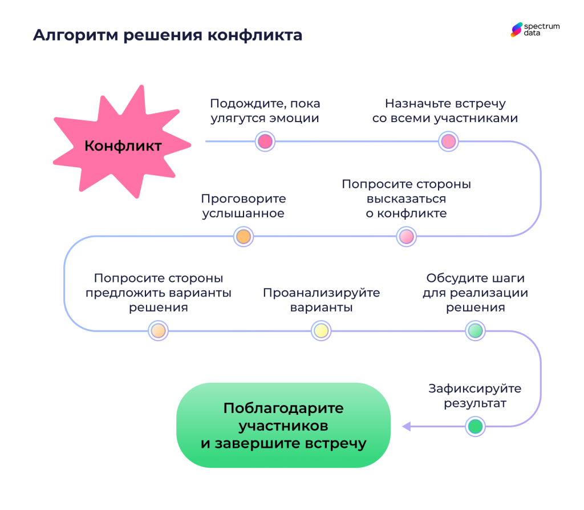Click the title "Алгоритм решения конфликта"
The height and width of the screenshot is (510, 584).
click(167, 35)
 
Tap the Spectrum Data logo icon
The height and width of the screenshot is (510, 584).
click(516, 30)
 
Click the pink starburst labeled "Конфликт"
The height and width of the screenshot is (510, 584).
click(123, 145)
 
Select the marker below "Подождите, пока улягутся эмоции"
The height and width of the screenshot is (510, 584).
click(265, 141)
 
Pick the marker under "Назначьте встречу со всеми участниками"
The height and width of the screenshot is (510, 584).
click(448, 141)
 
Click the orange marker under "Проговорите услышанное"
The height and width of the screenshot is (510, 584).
click(244, 236)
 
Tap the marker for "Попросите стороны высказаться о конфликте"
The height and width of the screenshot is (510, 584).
click(406, 236)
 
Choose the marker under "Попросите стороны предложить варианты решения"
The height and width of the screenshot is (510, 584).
click(159, 330)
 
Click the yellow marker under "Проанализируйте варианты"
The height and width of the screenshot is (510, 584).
click(321, 330)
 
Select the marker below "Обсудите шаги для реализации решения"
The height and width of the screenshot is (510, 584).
click(475, 330)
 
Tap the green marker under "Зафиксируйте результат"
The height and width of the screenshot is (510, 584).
click(475, 426)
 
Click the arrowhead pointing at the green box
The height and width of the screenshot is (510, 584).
click(407, 426)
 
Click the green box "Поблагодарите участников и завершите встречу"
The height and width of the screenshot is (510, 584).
click(283, 426)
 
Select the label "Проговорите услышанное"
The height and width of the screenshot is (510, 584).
click(244, 207)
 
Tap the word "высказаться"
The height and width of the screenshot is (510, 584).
click(406, 199)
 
